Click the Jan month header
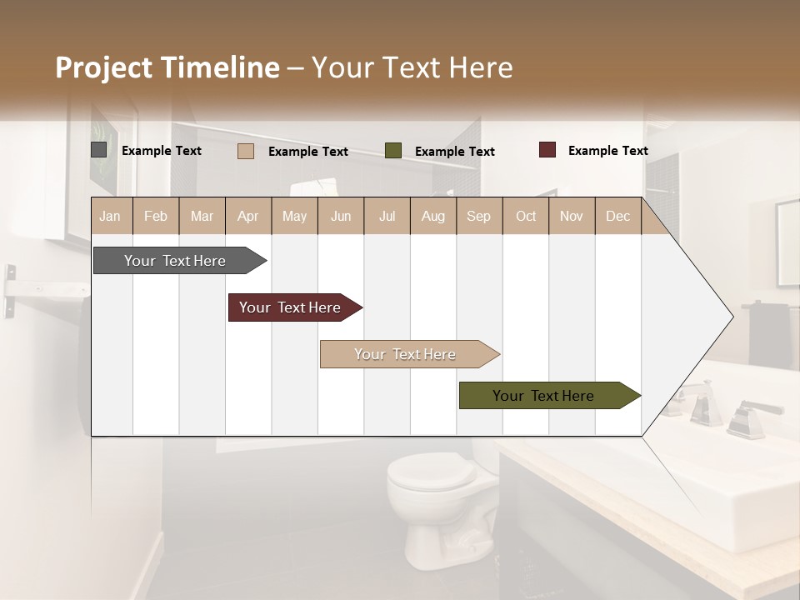click(x=110, y=217)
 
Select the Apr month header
click(x=248, y=217)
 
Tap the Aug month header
click(x=432, y=217)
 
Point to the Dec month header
click(x=617, y=217)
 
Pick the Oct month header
click(x=526, y=217)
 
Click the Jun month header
click(x=341, y=217)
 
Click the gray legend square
click(x=99, y=150)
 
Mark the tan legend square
click(x=246, y=151)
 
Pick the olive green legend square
click(x=393, y=150)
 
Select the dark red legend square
click(x=547, y=150)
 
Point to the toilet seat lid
click(x=431, y=472)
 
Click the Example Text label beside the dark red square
click(x=608, y=151)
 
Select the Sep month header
click(x=478, y=217)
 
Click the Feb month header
click(x=156, y=217)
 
